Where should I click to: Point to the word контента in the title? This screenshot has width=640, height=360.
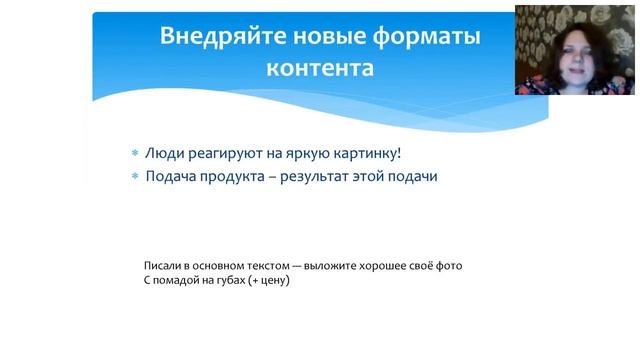click(320, 69)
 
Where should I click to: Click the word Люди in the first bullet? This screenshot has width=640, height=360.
click(164, 154)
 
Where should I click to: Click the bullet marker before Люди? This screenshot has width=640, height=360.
click(135, 155)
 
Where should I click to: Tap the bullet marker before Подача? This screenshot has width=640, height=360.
click(135, 177)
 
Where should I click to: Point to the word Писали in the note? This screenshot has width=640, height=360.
click(162, 266)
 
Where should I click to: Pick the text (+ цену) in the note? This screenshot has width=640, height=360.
click(267, 281)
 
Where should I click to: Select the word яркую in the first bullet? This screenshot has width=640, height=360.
click(298, 155)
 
